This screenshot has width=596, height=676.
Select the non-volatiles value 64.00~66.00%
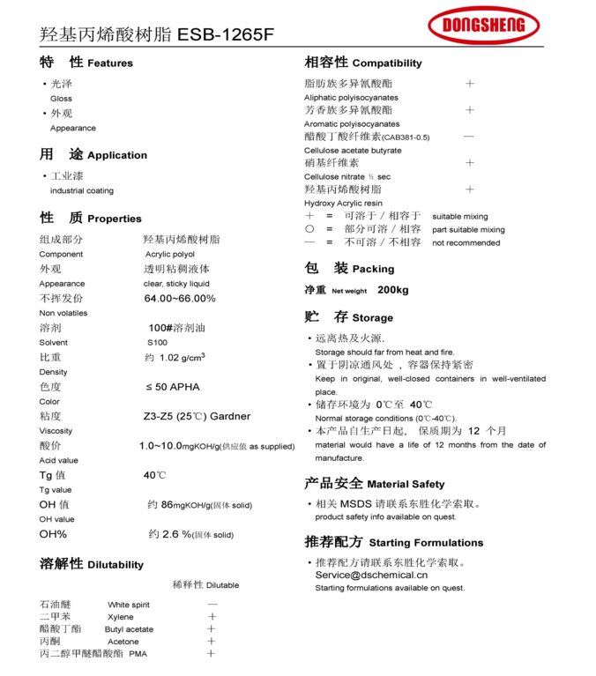180,299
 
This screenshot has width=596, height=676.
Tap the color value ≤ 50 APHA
173,387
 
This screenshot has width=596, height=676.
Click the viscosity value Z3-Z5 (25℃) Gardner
197,416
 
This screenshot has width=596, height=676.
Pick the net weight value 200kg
393,290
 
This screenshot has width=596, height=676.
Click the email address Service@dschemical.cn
371,575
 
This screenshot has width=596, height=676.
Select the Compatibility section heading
363,63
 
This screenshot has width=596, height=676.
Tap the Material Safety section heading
375,483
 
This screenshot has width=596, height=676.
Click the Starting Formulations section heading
394,542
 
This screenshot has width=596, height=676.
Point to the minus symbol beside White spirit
212,605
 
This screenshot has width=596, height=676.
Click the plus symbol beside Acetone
212,642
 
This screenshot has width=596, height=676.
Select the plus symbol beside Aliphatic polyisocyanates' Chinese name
470,84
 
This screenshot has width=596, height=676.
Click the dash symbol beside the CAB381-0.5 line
469,137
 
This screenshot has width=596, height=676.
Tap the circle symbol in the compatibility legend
309,229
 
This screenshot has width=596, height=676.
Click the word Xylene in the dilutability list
121,617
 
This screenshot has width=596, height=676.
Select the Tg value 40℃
155,475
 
